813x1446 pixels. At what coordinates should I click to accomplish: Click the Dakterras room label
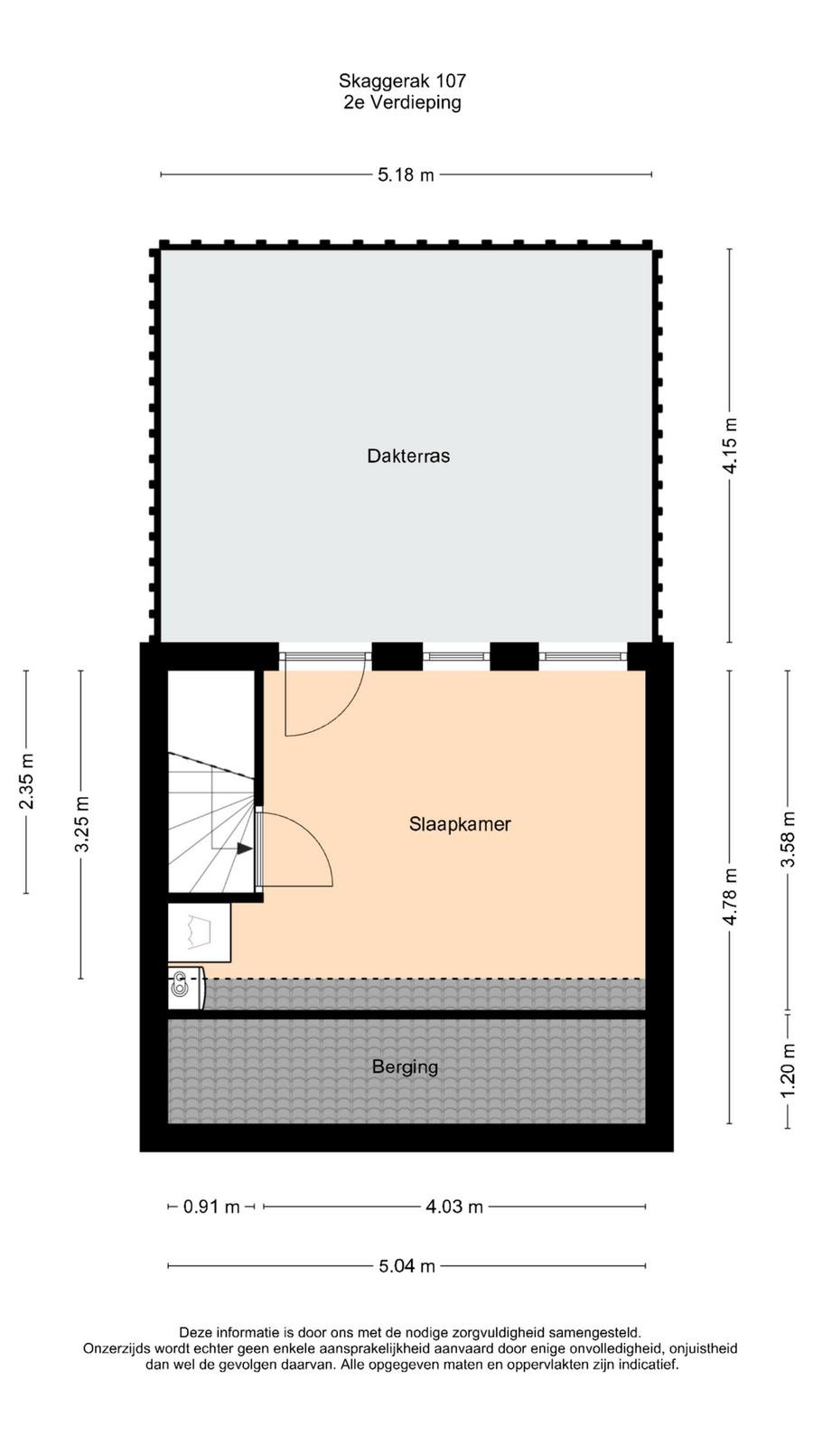point(408,455)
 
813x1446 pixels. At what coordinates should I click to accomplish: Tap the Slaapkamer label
point(460,823)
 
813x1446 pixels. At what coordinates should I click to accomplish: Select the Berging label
point(406,1067)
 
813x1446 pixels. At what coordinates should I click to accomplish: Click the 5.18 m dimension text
point(406,174)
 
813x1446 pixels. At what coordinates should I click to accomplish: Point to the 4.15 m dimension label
point(730,446)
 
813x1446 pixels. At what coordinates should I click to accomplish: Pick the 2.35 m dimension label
point(26,781)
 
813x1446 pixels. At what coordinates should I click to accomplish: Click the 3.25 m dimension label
point(81,824)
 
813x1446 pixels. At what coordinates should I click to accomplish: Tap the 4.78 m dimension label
point(730,897)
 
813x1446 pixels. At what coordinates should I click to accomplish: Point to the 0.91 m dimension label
point(211,1207)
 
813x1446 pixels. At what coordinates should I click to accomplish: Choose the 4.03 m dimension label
point(454,1207)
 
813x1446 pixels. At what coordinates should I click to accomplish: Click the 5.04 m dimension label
point(406,1266)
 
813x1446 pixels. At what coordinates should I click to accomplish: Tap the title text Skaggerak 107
point(402,80)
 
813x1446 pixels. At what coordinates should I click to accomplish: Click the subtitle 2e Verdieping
point(402,103)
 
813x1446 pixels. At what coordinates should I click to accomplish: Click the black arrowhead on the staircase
point(245,849)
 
